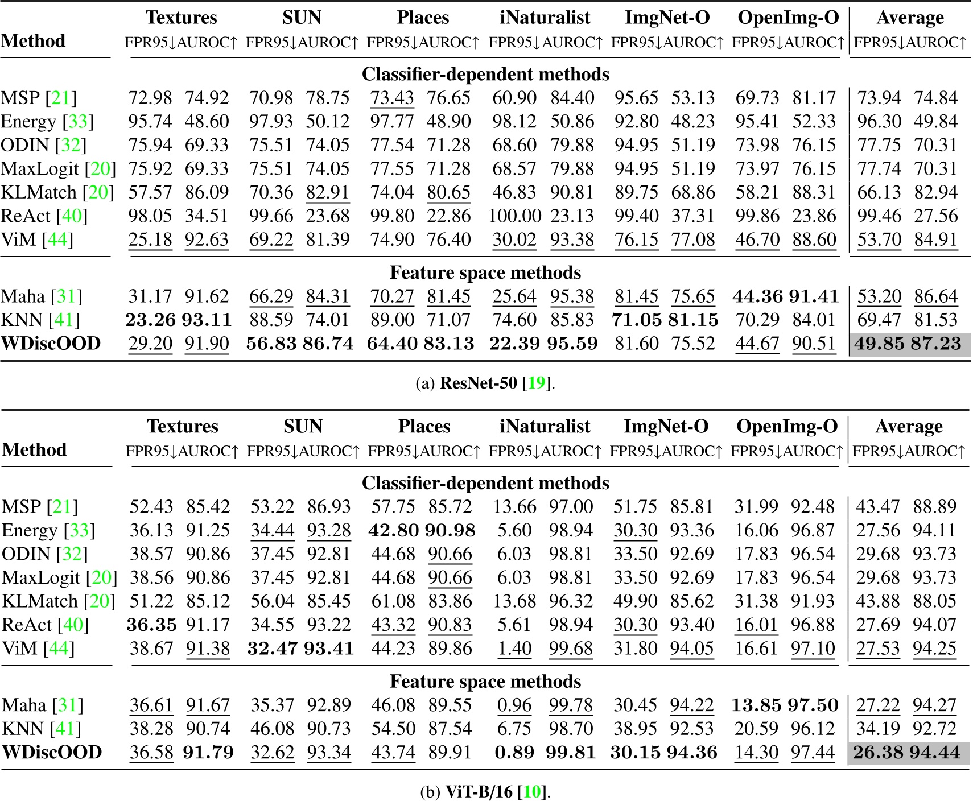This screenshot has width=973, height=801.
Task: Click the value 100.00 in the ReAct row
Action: tap(514, 216)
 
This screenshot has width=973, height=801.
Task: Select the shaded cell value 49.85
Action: tap(879, 344)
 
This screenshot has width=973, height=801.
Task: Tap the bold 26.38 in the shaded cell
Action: tap(878, 752)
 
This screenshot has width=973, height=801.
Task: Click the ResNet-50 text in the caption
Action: tap(478, 383)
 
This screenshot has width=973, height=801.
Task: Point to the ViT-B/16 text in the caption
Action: tap(479, 791)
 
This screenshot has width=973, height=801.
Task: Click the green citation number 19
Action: tap(537, 383)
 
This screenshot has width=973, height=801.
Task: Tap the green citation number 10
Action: tap(532, 791)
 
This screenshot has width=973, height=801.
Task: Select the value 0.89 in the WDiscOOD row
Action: tap(514, 752)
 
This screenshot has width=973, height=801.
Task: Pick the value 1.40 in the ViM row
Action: tap(514, 648)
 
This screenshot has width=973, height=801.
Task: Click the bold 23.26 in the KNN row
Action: tap(150, 320)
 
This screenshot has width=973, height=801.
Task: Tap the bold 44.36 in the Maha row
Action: tap(757, 296)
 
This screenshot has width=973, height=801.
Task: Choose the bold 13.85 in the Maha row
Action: tap(756, 705)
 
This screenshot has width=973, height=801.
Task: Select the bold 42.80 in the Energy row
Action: tap(393, 530)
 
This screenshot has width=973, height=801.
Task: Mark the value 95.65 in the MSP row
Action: tap(636, 98)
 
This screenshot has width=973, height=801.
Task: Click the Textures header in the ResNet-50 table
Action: tap(182, 18)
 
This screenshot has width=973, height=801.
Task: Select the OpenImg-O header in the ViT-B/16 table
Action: tap(787, 426)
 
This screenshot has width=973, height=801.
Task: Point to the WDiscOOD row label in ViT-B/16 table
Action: tap(52, 752)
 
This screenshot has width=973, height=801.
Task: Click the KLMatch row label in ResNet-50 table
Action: tap(40, 192)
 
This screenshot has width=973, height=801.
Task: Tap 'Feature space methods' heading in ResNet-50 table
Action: tap(485, 272)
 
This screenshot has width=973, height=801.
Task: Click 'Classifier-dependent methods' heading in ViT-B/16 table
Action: tap(485, 483)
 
